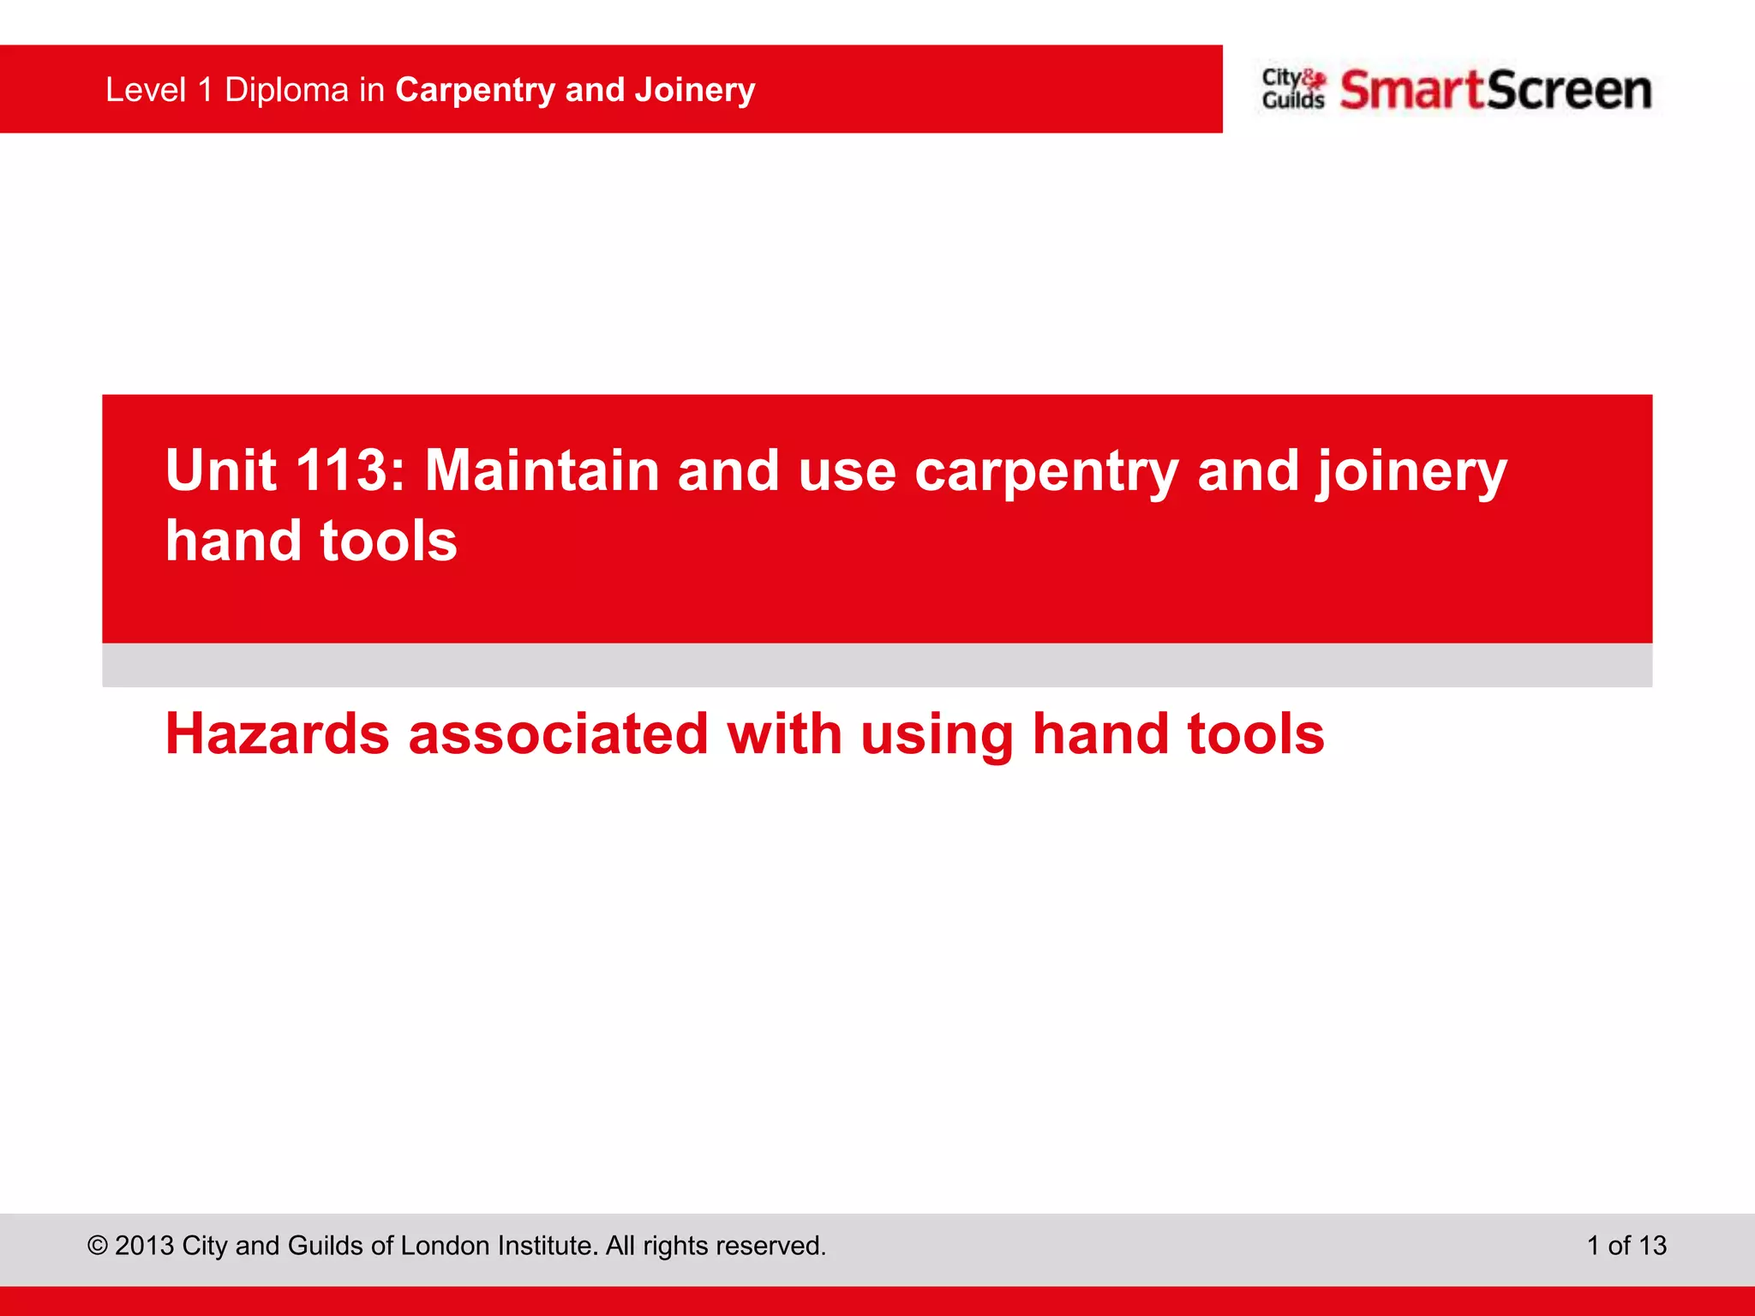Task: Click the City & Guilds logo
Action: [1293, 89]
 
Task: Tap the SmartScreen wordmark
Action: [1495, 90]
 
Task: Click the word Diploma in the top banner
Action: [286, 90]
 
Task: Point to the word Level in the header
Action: [146, 90]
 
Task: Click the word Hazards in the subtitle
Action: [277, 734]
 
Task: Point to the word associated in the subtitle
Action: [558, 734]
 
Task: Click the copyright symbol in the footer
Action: [98, 1246]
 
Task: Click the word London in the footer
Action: [446, 1246]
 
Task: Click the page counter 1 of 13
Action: [1626, 1246]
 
